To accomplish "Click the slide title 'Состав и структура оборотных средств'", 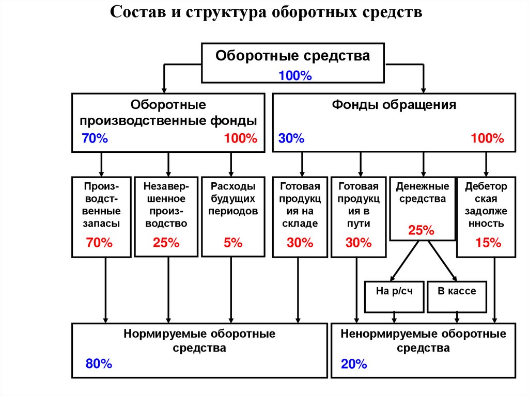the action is [x=266, y=12].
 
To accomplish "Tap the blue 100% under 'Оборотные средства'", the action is [x=295, y=75].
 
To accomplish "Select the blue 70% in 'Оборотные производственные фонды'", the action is [x=95, y=138].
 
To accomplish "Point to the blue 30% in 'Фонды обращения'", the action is [x=291, y=138].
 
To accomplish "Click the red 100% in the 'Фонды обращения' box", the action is [x=487, y=138].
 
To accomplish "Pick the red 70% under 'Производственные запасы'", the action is [x=99, y=243].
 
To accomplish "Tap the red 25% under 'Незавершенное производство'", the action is [x=166, y=243].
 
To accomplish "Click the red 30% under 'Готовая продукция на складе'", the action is [x=300, y=243].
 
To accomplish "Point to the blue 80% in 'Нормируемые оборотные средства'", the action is [x=99, y=364].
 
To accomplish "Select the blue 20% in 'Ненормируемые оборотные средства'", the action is [x=354, y=365].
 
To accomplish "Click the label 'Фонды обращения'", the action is [x=394, y=105].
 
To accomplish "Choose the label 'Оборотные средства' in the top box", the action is [x=292, y=56].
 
